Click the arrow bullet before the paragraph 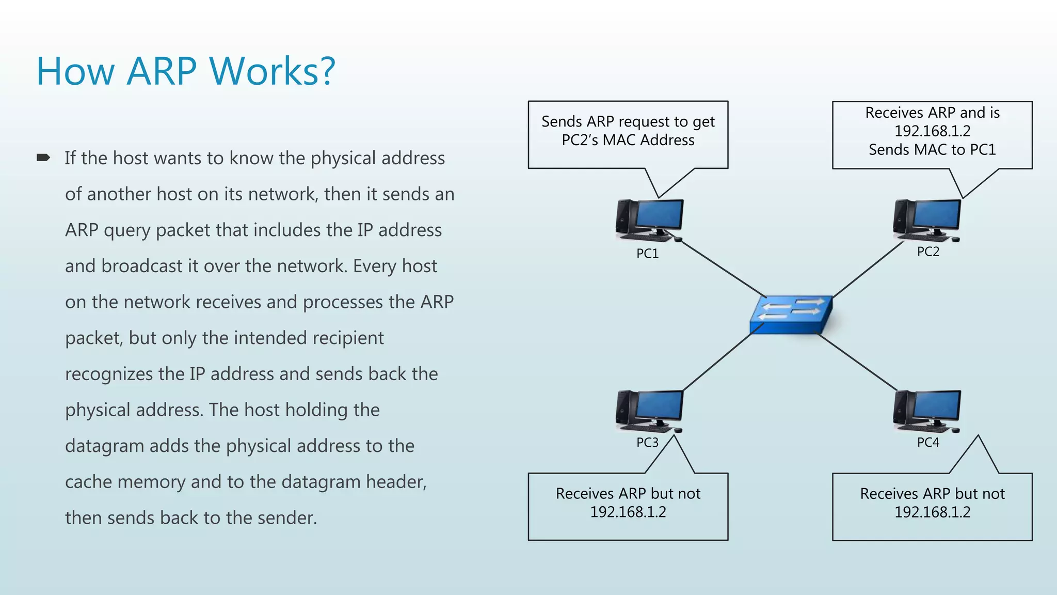coord(43,158)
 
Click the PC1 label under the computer coord(647,254)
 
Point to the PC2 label coord(928,252)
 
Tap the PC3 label coord(647,443)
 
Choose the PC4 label coord(928,443)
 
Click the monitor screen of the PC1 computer coord(660,214)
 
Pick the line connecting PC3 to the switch coord(716,362)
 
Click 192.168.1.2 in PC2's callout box coord(932,131)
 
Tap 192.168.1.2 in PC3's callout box coord(628,512)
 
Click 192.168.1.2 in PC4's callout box coord(932,512)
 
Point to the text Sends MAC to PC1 coord(932,150)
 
